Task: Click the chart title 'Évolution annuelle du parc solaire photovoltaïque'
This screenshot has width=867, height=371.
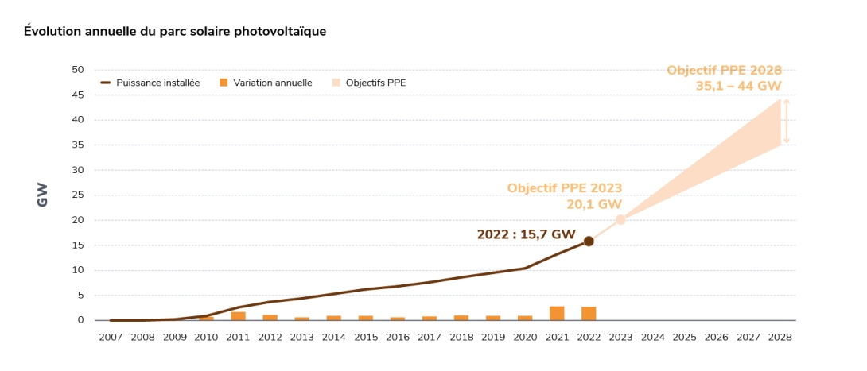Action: click(x=175, y=31)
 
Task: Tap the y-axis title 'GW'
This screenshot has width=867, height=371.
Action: click(x=43, y=195)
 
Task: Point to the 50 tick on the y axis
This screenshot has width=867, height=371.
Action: click(x=78, y=70)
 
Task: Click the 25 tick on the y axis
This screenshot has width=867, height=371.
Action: click(x=78, y=195)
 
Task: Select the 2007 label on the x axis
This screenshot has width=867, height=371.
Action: click(x=111, y=337)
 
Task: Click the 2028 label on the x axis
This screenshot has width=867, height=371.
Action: click(x=780, y=337)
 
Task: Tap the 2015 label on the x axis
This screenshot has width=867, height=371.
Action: click(x=365, y=337)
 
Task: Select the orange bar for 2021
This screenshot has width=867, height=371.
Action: click(x=557, y=313)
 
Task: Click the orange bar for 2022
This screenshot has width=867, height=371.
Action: click(x=589, y=313)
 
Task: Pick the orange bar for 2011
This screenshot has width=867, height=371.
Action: click(x=238, y=315)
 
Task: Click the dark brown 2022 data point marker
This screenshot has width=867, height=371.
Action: click(x=589, y=241)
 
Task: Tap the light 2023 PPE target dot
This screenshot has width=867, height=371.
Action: click(x=620, y=220)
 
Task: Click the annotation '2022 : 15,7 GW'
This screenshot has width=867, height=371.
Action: click(x=526, y=234)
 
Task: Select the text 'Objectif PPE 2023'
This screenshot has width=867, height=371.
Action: click(x=565, y=188)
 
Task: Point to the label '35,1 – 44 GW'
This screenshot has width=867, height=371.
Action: click(x=739, y=86)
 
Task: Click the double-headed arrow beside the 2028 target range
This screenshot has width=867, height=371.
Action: click(x=786, y=121)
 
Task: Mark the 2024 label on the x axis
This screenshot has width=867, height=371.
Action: click(x=652, y=337)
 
